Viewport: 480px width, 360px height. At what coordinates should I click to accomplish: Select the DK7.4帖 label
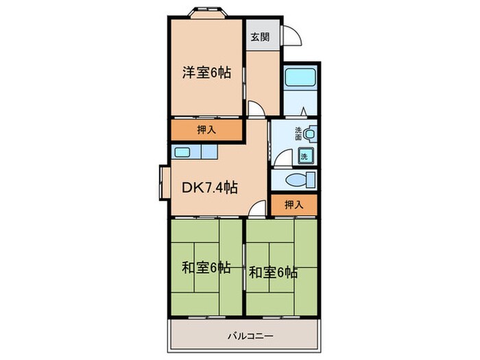point(209,187)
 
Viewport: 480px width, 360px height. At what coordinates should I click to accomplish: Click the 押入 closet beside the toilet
point(293,204)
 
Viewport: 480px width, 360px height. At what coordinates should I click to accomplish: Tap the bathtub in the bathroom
point(298,80)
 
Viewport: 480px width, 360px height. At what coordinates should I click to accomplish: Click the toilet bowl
point(300,181)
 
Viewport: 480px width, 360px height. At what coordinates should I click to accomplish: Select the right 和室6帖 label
point(272,272)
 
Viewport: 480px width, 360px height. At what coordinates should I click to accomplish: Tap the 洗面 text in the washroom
point(299,133)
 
